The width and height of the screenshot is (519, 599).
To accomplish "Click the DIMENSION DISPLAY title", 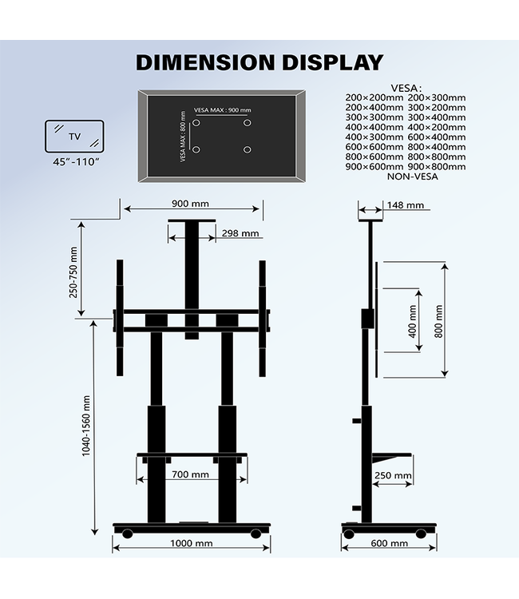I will coord(259,62).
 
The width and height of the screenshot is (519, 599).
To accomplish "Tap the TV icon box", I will coord(74,136).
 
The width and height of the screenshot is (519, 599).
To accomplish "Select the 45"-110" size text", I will coord(74,162).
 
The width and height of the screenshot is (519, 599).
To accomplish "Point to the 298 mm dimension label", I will coord(240,233).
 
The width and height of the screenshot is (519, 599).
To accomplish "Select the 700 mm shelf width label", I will coord(190,474).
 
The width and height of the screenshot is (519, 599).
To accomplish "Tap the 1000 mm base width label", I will coord(192,543).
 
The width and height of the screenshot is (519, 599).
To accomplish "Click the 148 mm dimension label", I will coord(405,205).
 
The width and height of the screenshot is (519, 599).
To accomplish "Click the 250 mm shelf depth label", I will coord(393,476).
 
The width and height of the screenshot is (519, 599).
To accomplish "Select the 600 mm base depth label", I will coord(389,543).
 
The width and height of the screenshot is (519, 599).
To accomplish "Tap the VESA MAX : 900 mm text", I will coord(222,110).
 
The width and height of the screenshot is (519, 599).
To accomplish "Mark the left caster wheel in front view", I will coord(128,533).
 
